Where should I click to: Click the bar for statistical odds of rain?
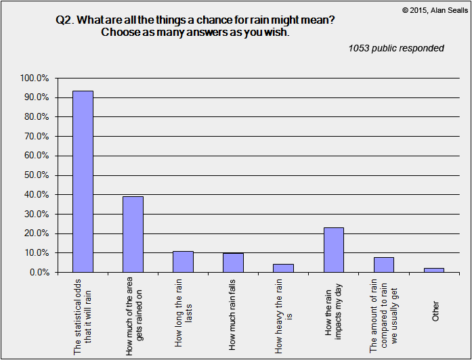83,181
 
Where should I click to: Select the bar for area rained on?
133,234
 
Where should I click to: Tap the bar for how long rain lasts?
183,262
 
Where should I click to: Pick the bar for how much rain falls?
233,263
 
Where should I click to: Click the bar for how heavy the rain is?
283,268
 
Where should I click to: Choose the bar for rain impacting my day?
333,250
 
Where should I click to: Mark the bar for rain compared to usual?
383,265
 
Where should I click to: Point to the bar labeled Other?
433,270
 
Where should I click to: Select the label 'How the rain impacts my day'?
333,316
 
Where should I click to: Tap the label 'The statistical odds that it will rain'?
83,316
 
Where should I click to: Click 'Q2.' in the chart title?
65,20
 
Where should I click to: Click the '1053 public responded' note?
396,48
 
